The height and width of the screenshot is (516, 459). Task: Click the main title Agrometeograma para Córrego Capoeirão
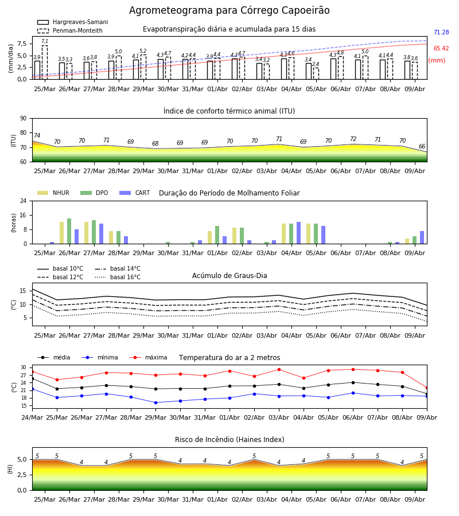click(x=229, y=10)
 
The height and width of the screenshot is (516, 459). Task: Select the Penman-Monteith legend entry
click(x=70, y=30)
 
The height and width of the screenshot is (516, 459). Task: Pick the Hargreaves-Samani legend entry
click(x=73, y=22)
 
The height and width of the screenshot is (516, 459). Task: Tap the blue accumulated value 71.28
click(x=441, y=32)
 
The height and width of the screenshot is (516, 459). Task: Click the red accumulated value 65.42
click(x=441, y=48)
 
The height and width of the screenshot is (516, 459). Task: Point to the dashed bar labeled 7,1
click(x=45, y=62)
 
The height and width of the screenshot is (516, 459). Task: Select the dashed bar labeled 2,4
click(x=316, y=73)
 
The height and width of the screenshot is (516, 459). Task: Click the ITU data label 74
click(x=37, y=135)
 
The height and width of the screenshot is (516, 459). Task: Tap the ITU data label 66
click(x=422, y=146)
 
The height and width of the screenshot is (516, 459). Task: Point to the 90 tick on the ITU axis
click(x=24, y=119)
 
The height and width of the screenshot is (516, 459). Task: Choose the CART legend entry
click(x=135, y=193)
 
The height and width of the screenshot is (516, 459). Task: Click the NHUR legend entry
click(x=53, y=193)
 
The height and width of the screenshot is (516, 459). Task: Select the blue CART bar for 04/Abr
click(x=299, y=233)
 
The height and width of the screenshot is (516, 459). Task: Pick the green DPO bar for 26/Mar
click(x=69, y=231)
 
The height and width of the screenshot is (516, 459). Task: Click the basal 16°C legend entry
click(x=118, y=277)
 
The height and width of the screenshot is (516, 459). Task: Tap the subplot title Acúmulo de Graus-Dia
click(x=229, y=275)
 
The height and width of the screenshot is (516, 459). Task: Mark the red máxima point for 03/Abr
click(x=279, y=370)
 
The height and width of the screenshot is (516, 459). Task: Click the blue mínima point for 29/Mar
click(x=155, y=402)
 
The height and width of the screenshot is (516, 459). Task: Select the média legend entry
click(x=54, y=357)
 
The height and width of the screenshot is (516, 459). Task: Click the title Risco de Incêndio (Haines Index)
click(x=229, y=439)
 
